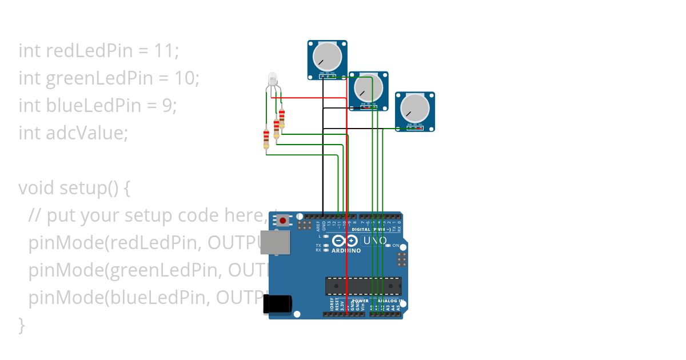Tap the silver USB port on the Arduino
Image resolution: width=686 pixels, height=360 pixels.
tap(275, 242)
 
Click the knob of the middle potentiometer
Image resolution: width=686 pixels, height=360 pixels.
tap(368, 88)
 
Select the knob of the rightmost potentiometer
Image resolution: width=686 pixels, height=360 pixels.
tap(414, 108)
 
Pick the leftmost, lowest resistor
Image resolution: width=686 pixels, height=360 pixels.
tap(266, 139)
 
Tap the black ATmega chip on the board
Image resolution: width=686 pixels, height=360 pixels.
tap(363, 286)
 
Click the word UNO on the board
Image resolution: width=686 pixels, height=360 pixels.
tap(374, 241)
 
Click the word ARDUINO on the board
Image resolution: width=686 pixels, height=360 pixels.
tap(346, 251)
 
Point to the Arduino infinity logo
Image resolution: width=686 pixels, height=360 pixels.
tap(345, 241)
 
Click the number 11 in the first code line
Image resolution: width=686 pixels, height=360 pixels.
tap(165, 51)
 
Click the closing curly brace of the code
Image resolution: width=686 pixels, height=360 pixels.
tap(22, 325)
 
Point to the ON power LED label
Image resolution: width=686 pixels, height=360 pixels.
tap(396, 245)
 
